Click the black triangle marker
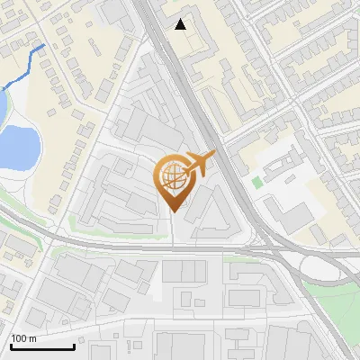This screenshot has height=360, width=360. [181, 24]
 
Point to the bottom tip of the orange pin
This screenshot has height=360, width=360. [175, 211]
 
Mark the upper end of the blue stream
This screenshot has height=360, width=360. [42, 44]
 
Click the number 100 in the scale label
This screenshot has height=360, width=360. [19, 339]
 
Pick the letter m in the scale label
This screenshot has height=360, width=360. [31, 339]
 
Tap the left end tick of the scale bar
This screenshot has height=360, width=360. [11, 345]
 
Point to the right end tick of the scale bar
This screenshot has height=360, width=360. [74, 345]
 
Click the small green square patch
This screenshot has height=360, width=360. [258, 183]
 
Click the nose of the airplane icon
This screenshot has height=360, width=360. [212, 157]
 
